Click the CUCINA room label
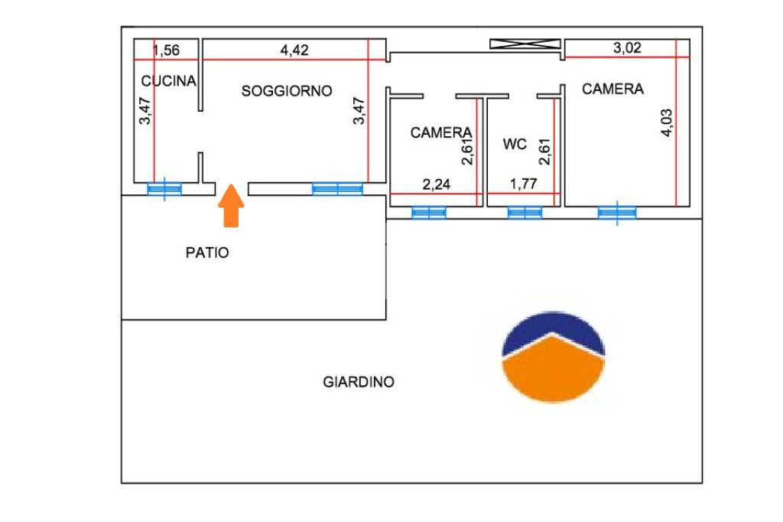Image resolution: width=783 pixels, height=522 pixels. [x=169, y=81]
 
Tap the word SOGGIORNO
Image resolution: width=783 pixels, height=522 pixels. [x=287, y=91]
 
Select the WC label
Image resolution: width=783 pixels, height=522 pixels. [x=515, y=144]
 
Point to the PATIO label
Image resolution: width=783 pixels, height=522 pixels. [x=207, y=253]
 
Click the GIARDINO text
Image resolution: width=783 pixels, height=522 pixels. [x=359, y=381]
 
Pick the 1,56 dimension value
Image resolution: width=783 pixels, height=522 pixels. [x=167, y=51]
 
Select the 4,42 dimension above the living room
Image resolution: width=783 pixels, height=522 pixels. [x=294, y=51]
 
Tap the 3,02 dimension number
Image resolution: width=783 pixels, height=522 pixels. [x=628, y=48]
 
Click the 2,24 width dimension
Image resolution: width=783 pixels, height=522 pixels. [x=438, y=184]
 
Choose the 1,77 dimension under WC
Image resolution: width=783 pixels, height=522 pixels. [x=525, y=184]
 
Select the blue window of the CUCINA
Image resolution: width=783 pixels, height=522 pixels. [x=164, y=189]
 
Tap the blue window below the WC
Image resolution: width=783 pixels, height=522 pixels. [x=525, y=213]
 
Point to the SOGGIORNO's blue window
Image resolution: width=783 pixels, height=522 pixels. [x=337, y=188]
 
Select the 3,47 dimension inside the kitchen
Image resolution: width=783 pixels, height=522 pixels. [x=145, y=110]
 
